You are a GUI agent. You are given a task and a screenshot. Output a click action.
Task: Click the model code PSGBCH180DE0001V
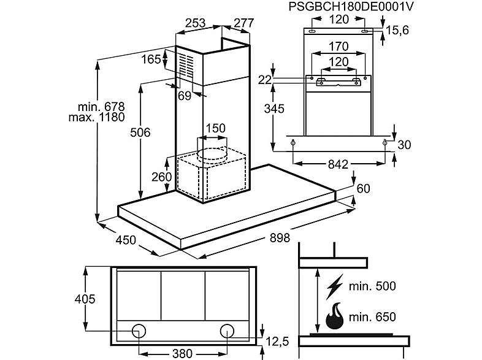point(351,6)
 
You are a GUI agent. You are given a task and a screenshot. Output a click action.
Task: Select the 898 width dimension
point(280,237)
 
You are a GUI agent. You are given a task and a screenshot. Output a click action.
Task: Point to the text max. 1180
point(96,117)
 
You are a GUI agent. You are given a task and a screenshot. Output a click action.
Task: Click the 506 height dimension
point(140,132)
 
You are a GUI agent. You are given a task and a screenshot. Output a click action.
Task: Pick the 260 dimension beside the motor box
point(162,177)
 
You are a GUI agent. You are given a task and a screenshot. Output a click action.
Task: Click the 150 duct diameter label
point(215,128)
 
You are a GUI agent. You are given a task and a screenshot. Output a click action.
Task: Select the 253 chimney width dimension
point(196,23)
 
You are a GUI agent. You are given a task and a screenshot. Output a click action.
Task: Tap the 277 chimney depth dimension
point(244,23)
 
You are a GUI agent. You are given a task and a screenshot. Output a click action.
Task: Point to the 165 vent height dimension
point(151,59)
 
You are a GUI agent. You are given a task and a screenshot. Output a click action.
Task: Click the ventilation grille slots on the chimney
point(186,65)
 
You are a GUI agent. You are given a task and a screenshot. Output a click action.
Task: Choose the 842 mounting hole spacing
point(338,164)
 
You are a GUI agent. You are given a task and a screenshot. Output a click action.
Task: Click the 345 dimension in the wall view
point(274,109)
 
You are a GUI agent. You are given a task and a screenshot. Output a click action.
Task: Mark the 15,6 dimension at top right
point(397,31)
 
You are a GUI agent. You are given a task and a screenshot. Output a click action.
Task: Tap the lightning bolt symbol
point(334,286)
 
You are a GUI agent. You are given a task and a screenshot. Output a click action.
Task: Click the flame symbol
point(334,316)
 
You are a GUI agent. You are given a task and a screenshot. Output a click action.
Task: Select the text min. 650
point(372,316)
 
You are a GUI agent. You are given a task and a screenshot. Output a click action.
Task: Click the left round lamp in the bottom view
point(139,331)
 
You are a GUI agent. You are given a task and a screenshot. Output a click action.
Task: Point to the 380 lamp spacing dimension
point(182,353)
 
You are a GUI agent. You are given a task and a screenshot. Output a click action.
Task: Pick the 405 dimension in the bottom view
point(85,299)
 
